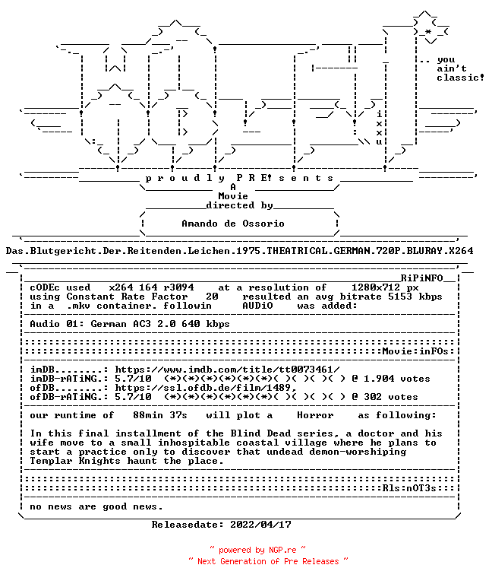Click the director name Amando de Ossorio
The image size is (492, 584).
pos(233,224)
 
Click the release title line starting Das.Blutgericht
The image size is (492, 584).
pos(239,251)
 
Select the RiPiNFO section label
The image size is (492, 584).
pos(421,278)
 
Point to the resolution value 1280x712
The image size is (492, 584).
pos(376,287)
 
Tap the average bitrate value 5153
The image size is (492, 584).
pos(400,297)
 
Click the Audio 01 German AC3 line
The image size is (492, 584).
pos(129,324)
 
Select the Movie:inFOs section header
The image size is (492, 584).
pos(415,351)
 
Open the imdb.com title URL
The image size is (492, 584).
pos(227,370)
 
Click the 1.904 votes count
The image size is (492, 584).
pos(397,379)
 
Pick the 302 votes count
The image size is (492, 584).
pos(391,397)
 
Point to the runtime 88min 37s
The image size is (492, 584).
pos(160,415)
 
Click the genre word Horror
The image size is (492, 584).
pos(315,415)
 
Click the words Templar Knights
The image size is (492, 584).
pos(75,461)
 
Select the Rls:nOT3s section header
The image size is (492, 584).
pos(409,488)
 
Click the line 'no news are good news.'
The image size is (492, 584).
pos(96,506)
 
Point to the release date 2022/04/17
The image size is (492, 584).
pos(260,525)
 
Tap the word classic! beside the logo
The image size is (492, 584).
pos(460,78)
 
